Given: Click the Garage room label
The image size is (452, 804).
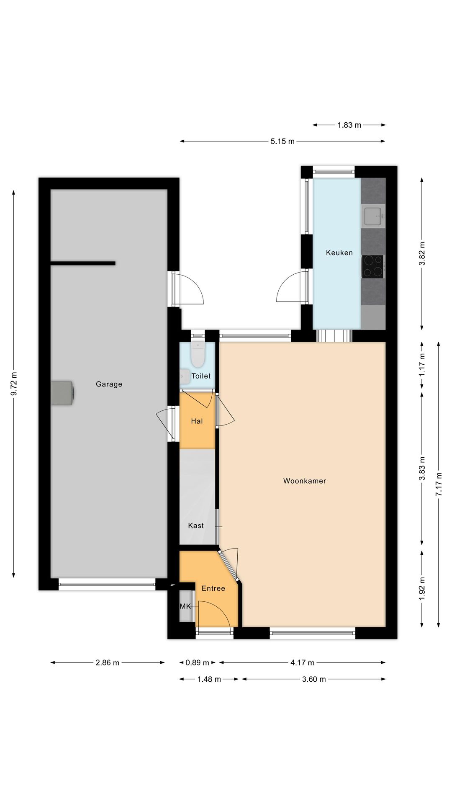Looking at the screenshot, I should click(109, 384).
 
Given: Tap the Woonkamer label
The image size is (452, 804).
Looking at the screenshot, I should click(304, 481).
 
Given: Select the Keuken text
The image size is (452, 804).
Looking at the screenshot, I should click(339, 253).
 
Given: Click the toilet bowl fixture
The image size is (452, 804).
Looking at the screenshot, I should click(197, 355).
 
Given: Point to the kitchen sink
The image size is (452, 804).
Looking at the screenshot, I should click(373, 216).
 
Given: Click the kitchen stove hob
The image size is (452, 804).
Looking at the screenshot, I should click(372, 266).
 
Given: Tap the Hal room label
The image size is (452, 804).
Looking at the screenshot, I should click(197, 421).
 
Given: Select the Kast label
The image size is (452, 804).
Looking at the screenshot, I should click(196, 526).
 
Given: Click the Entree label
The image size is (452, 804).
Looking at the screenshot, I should click(213, 588).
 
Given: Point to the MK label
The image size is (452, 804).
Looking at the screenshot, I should click(185, 606).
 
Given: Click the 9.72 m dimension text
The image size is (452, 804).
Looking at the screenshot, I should click(14, 384).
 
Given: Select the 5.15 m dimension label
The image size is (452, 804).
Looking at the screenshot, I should click(282, 141).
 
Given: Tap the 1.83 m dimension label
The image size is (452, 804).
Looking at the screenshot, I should click(349, 125).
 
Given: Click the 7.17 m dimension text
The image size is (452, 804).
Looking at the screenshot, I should click(439, 484).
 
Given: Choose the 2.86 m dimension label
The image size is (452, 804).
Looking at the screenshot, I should click(108, 662).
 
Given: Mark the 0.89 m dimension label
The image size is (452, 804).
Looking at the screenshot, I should click(197, 662).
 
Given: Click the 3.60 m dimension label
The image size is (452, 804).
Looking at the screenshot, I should click(314, 679).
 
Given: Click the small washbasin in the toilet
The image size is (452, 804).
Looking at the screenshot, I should click(185, 376).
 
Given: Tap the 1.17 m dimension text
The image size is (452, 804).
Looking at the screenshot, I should click(422, 365).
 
